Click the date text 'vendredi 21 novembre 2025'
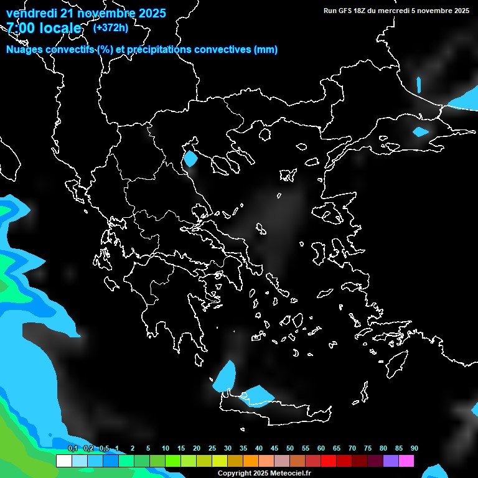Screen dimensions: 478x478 pyautogui.click(x=86, y=13)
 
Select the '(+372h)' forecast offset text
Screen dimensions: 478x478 pyautogui.click(x=110, y=27)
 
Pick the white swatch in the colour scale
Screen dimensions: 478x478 pyautogui.click(x=63, y=461)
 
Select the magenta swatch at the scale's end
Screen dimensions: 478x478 pyautogui.click(x=406, y=461)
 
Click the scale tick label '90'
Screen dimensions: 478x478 pyautogui.click(x=415, y=449)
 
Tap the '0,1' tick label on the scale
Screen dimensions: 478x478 pyautogui.click(x=72, y=449)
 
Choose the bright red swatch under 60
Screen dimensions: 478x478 pyautogui.click(x=329, y=461)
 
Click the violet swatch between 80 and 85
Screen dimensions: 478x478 pyautogui.click(x=391, y=461)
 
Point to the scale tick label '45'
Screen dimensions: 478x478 pyautogui.click(x=274, y=449)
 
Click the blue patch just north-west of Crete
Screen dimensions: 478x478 pyautogui.click(x=225, y=376)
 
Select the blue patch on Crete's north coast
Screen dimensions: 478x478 pyautogui.click(x=257, y=395)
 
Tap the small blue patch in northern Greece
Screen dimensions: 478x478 pyautogui.click(x=190, y=159)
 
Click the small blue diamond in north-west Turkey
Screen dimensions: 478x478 pyautogui.click(x=421, y=131)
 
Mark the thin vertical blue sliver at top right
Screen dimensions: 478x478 pyautogui.click(x=418, y=85)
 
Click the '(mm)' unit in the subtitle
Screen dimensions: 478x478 pyautogui.click(x=266, y=50)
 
